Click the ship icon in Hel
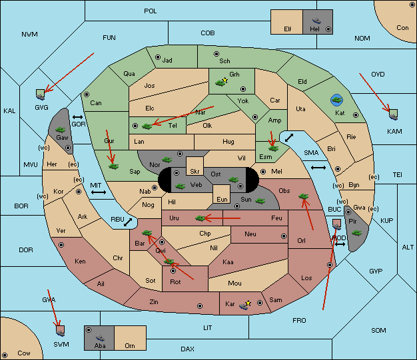316,21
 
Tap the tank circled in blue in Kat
336,100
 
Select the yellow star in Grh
225,80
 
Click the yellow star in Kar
248,303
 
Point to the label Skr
195,172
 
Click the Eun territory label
222,199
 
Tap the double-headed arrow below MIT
99,192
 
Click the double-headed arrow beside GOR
78,117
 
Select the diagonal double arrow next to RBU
128,222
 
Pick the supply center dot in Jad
158,57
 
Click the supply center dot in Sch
216,54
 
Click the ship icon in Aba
100,338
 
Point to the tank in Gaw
61,129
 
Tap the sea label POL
151,11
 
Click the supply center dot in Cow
5,355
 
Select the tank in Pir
356,233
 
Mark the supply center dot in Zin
200,306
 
